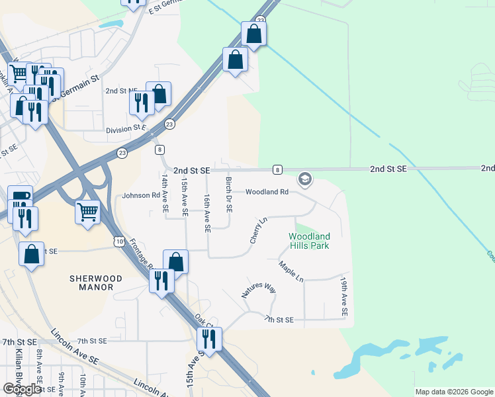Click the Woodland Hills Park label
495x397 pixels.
point(308,241)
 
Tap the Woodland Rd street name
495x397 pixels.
point(267,193)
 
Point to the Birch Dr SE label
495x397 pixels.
point(229,195)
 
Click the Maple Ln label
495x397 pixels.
point(291,271)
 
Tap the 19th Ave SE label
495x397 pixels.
point(344,296)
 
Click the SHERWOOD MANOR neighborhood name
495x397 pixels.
point(96,285)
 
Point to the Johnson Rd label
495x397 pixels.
point(142,196)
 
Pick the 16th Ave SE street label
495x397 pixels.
point(207,213)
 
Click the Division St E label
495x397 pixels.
point(126,130)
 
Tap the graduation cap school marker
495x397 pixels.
point(304,179)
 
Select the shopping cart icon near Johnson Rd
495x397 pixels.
point(88,212)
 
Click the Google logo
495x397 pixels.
point(22,389)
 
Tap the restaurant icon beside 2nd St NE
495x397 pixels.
point(141,101)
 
